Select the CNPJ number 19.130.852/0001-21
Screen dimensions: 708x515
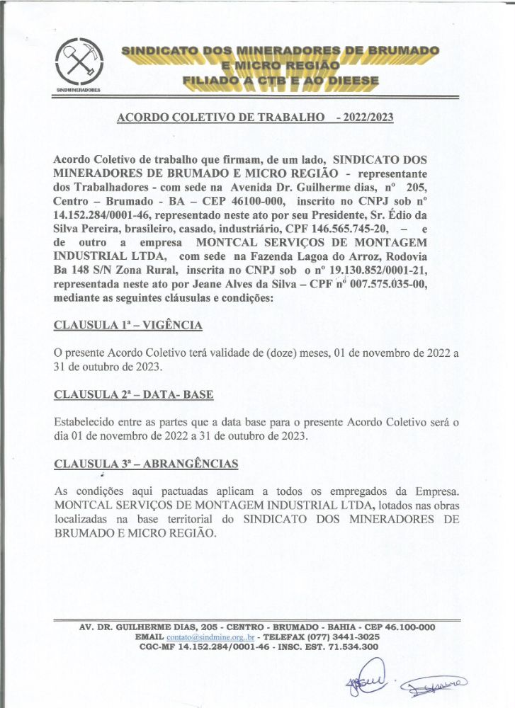(x=382, y=270)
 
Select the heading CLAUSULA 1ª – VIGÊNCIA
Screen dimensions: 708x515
(x=128, y=325)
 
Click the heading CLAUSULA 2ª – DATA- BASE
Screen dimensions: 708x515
(x=134, y=394)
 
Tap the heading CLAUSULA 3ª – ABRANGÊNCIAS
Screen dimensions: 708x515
(x=146, y=464)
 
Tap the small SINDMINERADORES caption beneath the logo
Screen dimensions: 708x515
(x=79, y=91)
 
